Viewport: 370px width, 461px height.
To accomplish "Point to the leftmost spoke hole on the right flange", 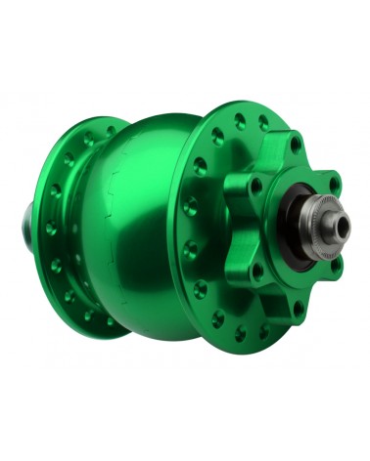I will pyautogui.click(x=194, y=230).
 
